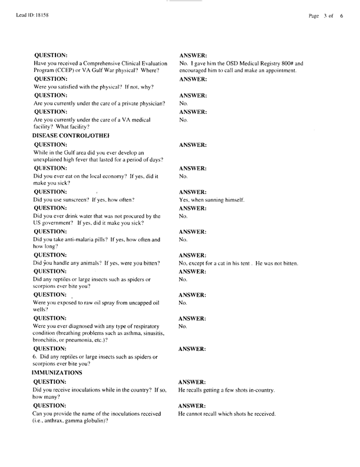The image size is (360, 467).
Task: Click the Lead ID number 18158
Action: pos(34,15)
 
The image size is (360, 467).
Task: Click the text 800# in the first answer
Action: pos(286,63)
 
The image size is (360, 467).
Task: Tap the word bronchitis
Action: pos(49,341)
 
